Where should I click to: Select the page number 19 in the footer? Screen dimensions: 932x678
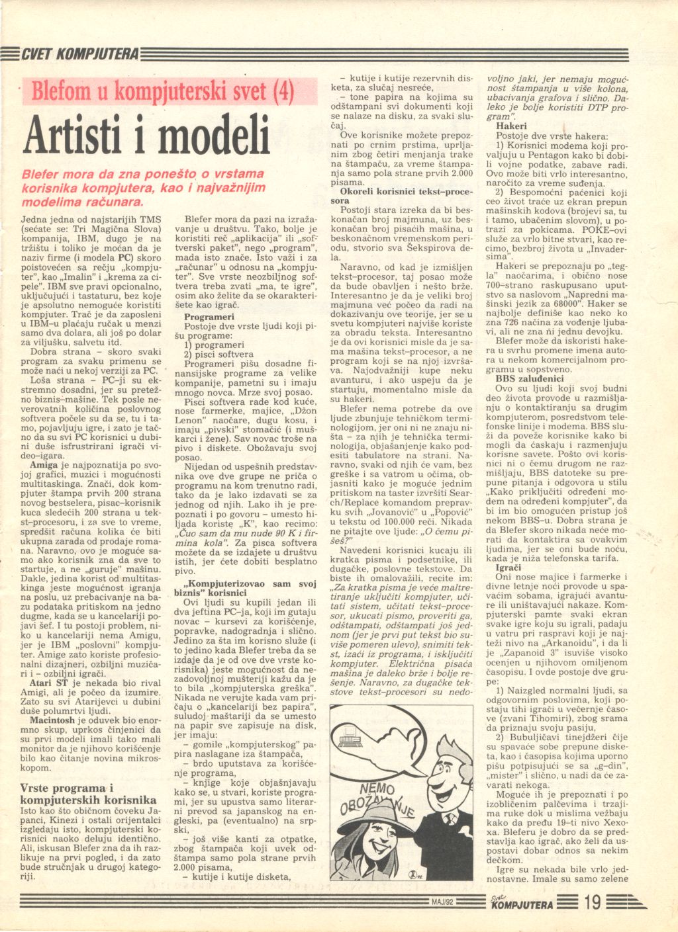click(x=593, y=902)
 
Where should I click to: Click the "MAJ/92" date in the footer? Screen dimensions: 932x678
click(x=441, y=902)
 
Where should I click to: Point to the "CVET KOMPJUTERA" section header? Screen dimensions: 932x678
click(x=79, y=54)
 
